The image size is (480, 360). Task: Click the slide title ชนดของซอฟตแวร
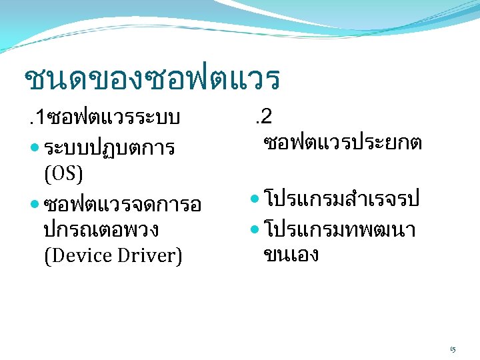[151, 79]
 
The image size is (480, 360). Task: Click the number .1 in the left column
[31, 119]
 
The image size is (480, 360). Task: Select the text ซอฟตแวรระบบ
[110, 119]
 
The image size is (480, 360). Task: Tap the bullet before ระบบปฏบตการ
[35, 147]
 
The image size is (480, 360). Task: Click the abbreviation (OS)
[63, 174]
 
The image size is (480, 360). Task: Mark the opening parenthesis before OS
[47, 174]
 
